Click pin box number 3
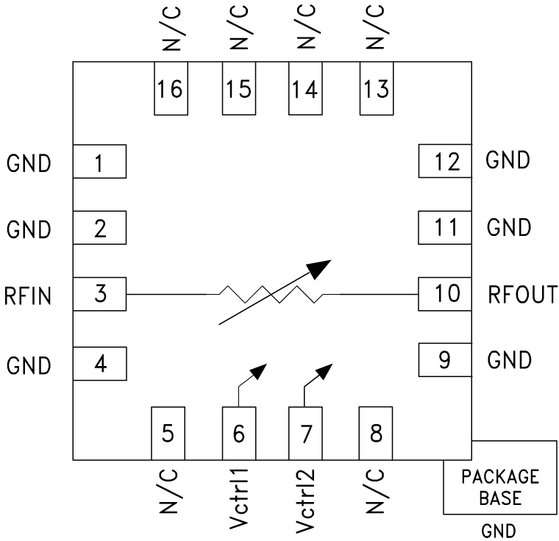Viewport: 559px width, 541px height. [x=100, y=295]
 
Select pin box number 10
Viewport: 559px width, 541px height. [x=444, y=294]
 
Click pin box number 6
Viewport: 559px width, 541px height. [x=239, y=433]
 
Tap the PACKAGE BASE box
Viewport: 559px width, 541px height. [x=499, y=487]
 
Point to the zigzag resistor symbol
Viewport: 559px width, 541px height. [x=271, y=295]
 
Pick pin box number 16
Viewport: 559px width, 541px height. [x=171, y=89]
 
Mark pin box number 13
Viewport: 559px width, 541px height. [x=376, y=89]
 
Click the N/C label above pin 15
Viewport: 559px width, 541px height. [x=239, y=27]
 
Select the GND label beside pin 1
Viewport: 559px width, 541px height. [x=29, y=163]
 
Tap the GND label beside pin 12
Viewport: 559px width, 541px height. [x=508, y=160]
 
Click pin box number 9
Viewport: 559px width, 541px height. [x=444, y=360]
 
